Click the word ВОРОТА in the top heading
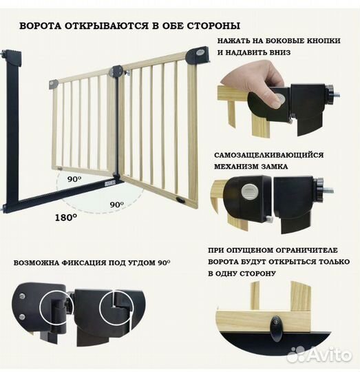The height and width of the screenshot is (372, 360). (x=41, y=26)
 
